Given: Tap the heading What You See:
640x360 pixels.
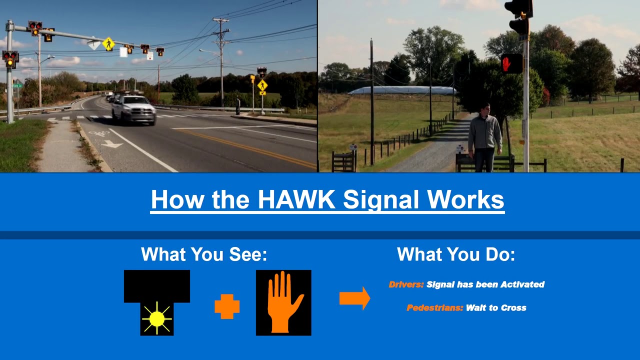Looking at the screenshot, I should coord(204,254).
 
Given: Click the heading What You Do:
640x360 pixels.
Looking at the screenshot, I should coord(456,254).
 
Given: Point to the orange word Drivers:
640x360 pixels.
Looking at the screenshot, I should coord(406,284).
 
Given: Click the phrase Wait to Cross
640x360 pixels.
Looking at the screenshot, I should coord(496,308).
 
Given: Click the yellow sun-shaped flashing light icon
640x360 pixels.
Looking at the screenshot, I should coord(156,318).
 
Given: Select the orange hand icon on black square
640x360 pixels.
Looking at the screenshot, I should coord(283,302).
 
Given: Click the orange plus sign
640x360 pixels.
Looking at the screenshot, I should coord(227,306).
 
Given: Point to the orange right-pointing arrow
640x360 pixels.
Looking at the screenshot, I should coord(354,298).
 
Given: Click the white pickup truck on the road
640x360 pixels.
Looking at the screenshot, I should coord(133,110).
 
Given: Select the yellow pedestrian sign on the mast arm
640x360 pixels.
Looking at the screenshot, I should coord(108,44).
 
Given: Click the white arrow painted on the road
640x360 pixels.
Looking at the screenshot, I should coord(111,144).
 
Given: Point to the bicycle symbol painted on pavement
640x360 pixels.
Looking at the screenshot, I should coord(98,133).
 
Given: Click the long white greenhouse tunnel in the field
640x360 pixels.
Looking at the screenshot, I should coord(402,90).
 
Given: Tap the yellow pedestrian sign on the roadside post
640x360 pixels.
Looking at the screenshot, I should coord(262,85).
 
